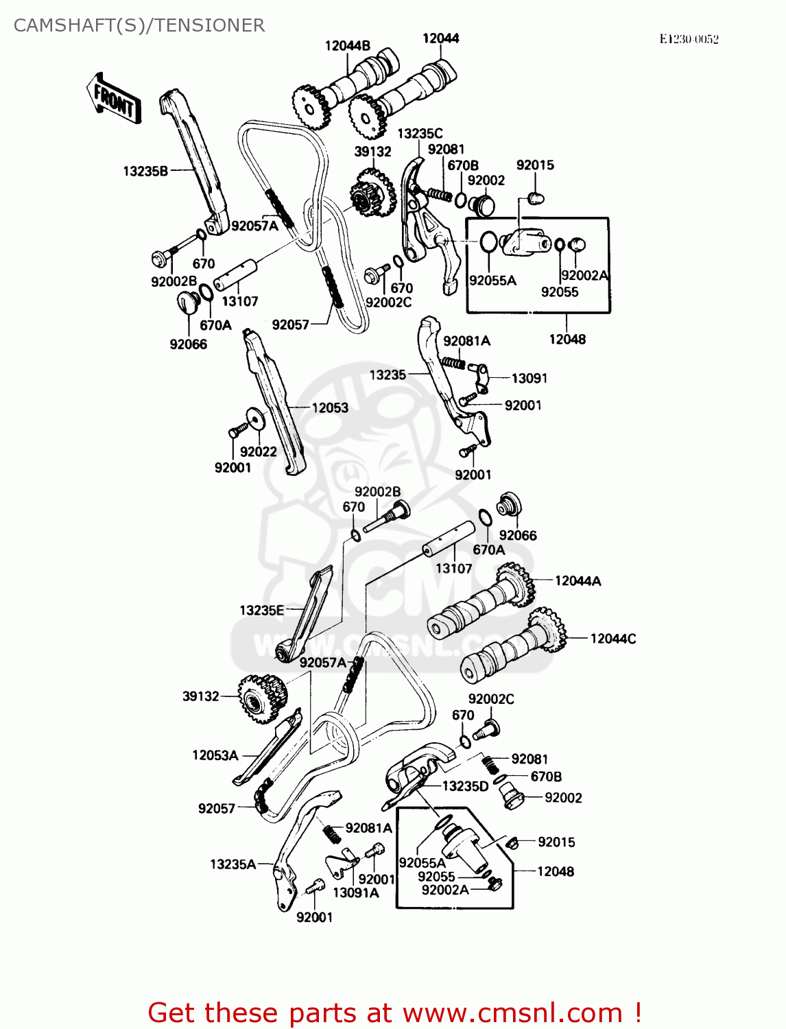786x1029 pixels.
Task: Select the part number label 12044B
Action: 347,46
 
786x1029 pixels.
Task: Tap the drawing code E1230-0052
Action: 689,39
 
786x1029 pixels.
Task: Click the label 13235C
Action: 420,134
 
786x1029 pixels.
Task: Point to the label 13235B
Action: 145,171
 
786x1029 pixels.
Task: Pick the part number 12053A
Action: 215,755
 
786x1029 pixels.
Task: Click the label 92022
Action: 258,451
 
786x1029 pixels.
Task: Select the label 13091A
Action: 355,892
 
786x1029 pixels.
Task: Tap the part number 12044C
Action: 612,639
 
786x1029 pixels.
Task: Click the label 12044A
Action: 577,581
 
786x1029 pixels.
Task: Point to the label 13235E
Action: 261,610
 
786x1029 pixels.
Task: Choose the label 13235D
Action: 465,786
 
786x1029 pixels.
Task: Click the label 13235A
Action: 233,864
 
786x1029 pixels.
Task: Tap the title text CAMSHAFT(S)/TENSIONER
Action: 139,25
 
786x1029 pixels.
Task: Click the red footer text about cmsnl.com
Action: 394,1013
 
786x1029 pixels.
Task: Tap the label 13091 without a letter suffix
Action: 529,378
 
